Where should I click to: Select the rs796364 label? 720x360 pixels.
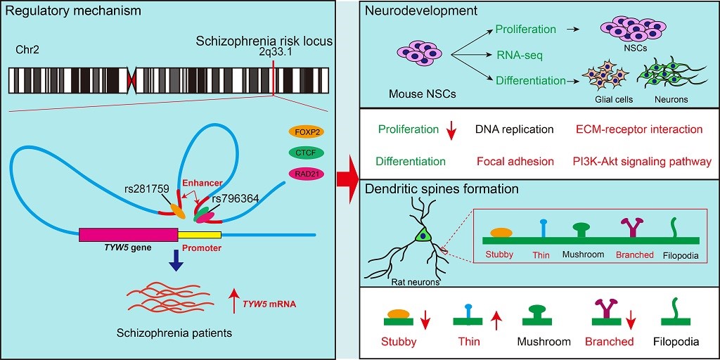(x=236, y=198)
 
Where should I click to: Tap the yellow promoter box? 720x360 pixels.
(x=200, y=235)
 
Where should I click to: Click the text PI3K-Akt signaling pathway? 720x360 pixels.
(x=642, y=162)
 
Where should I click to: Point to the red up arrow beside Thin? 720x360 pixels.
(x=496, y=321)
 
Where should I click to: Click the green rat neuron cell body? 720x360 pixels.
(x=423, y=236)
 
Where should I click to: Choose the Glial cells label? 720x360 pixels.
(x=614, y=100)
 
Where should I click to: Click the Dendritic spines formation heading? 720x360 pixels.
(x=442, y=188)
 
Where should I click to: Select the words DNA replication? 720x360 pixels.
(x=514, y=129)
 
